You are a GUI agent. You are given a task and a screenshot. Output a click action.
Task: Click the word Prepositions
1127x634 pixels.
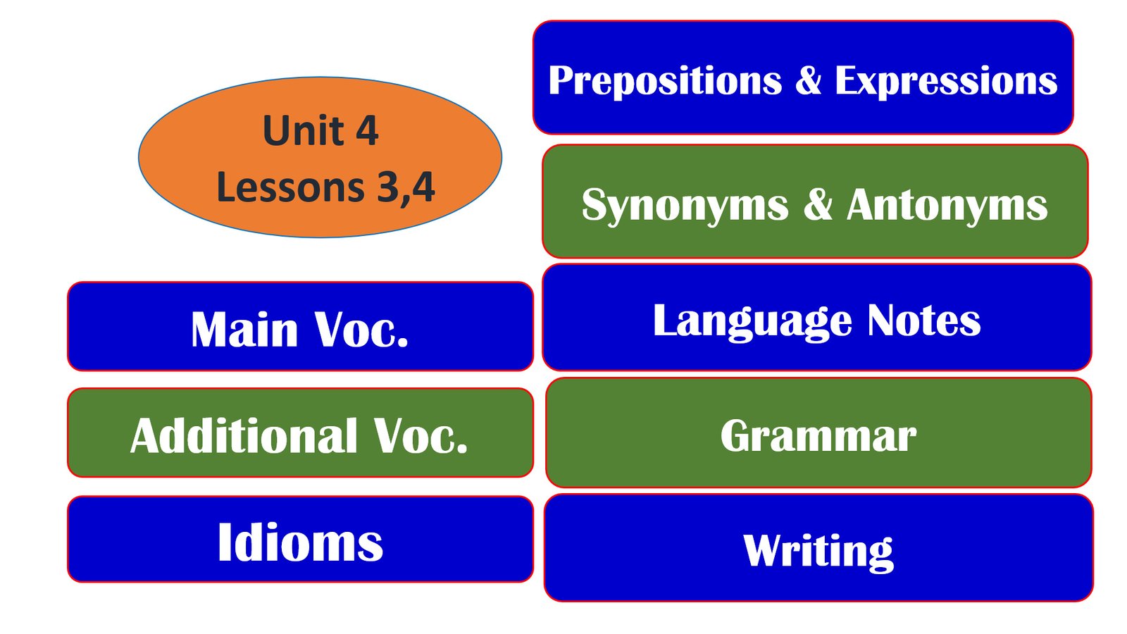point(665,80)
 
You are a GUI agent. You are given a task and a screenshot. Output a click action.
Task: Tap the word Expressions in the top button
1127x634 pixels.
point(947,80)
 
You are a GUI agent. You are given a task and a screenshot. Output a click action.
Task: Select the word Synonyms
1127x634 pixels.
point(685,205)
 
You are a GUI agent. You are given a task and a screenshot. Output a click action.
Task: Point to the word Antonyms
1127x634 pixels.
point(947,204)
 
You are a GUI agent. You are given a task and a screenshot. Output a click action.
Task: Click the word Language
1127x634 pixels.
point(753,322)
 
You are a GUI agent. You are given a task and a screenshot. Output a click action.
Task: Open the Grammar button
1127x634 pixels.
point(818,433)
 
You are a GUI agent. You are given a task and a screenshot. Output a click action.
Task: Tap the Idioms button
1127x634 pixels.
point(300,539)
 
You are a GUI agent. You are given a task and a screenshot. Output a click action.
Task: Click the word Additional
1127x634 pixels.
point(244,436)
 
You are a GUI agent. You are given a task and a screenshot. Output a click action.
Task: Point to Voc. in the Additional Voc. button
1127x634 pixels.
point(421,436)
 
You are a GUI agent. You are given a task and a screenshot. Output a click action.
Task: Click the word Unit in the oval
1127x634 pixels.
point(303,130)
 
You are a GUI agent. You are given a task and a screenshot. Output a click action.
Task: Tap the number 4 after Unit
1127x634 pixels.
point(367,131)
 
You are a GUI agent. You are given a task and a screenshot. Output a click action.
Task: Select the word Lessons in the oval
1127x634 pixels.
point(290,187)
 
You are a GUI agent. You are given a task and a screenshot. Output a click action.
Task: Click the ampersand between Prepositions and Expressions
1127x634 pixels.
point(809,80)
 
